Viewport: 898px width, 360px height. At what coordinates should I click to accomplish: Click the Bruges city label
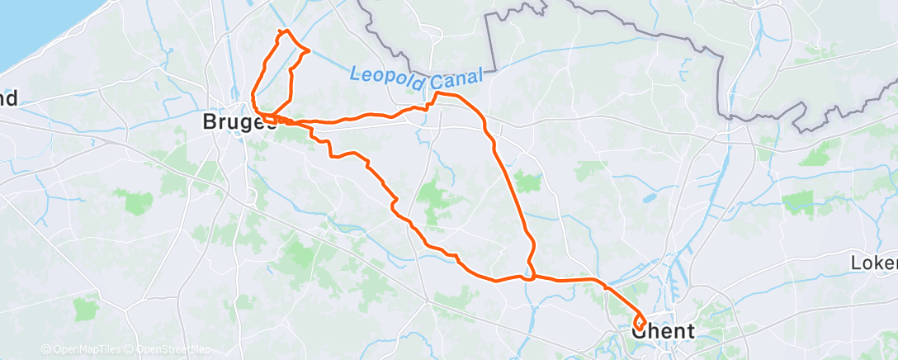239,122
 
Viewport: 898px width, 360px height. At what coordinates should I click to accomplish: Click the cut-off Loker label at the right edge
873,263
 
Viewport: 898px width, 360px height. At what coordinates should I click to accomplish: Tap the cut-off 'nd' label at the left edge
9,99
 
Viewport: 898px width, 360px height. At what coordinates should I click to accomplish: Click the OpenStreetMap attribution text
169,350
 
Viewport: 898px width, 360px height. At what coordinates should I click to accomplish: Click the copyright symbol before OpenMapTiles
45,350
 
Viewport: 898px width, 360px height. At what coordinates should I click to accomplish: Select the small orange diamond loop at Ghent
640,323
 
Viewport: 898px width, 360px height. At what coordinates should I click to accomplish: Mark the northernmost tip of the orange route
286,31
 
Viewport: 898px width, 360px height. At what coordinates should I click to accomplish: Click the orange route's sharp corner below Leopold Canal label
434,94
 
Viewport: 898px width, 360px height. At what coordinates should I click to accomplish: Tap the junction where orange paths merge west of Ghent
532,277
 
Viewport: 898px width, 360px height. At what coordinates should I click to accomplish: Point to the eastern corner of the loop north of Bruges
309,51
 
